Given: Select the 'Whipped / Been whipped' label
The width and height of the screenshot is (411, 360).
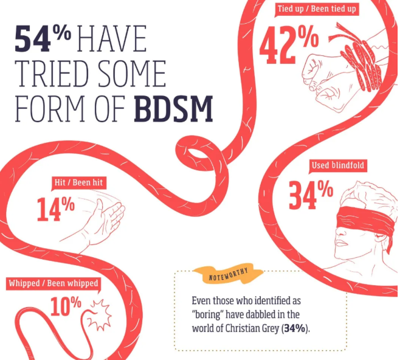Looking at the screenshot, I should click(x=53, y=283).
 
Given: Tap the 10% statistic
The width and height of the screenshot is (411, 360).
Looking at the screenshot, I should click(x=66, y=306).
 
